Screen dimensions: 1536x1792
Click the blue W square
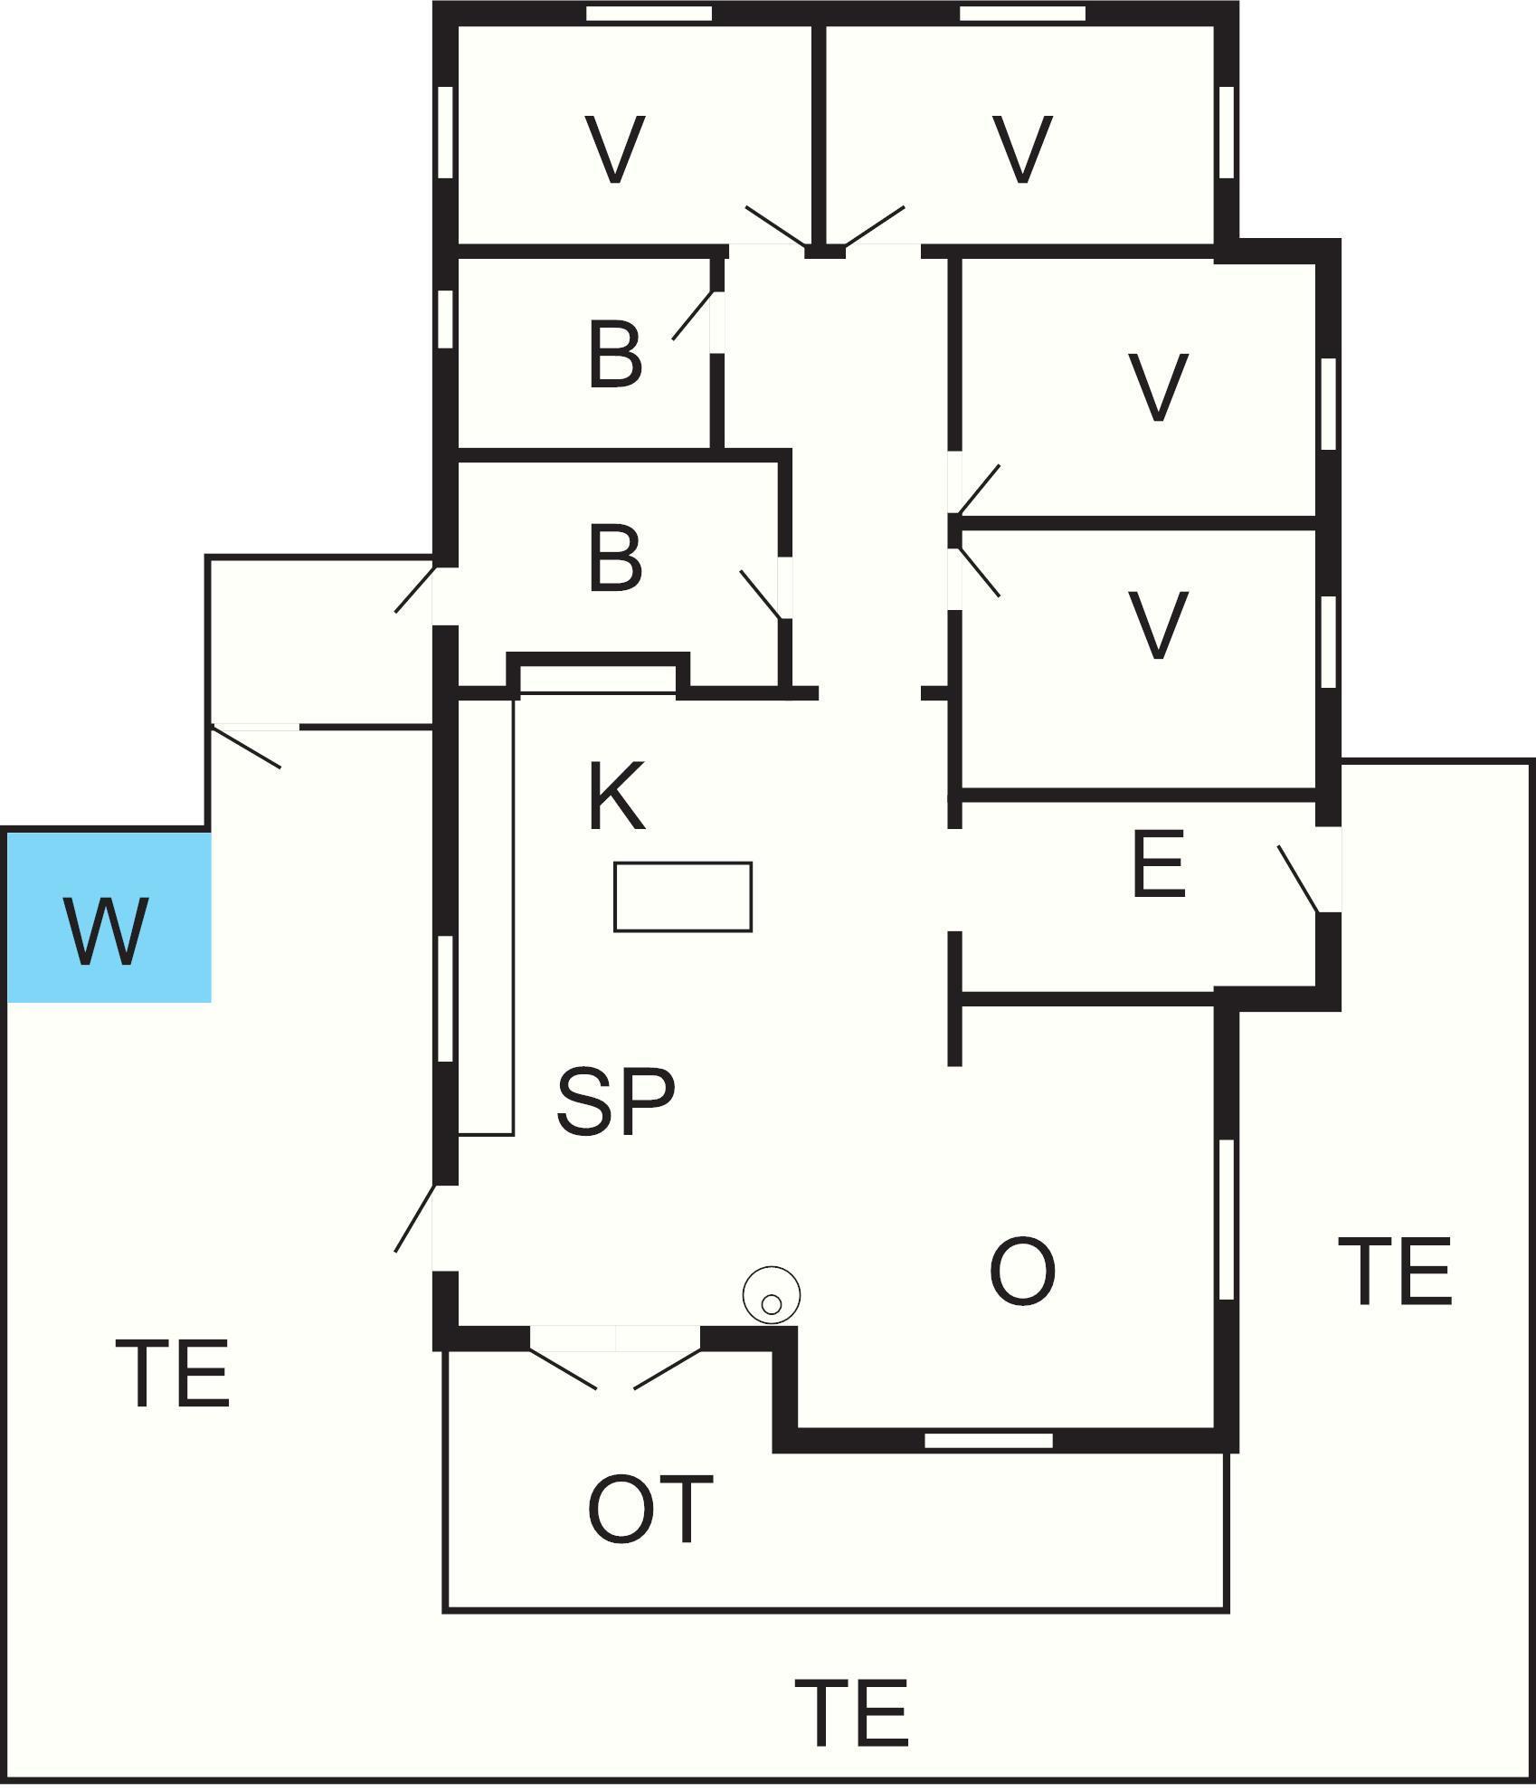[109, 917]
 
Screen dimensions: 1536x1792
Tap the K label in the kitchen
[617, 796]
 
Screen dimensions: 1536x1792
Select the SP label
[616, 1101]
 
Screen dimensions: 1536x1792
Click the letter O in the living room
[1023, 1272]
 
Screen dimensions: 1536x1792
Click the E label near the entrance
[1159, 864]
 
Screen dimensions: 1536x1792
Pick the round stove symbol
[772, 1295]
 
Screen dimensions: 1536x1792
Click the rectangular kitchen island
[683, 897]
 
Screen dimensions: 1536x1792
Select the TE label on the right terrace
[1395, 1271]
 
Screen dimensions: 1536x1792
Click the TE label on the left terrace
[173, 1374]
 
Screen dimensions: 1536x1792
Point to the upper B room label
[615, 355]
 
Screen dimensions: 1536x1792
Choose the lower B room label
[615, 558]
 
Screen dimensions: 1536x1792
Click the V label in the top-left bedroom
[615, 149]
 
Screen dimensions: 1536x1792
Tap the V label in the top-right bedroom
[1023, 149]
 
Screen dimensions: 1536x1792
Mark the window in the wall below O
[989, 1440]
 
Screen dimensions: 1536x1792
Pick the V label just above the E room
[1159, 624]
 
